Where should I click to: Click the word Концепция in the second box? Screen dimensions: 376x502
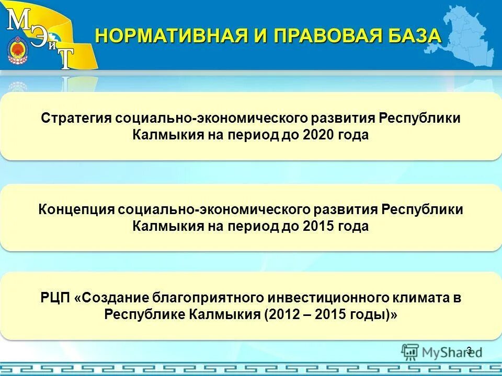[x=76, y=209]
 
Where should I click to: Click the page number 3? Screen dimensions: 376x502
[x=469, y=350]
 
